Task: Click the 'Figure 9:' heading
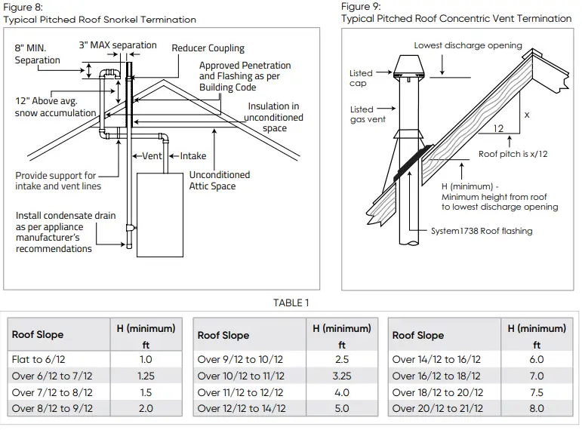coord(361,7)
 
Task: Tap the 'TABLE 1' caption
coord(291,303)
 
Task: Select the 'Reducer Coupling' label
coord(206,48)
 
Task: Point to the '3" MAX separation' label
coord(118,45)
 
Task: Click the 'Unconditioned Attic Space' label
coord(219,180)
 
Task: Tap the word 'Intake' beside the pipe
coord(192,156)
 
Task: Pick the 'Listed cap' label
coord(361,78)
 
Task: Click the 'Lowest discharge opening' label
coord(467,46)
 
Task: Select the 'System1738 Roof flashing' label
coord(482,231)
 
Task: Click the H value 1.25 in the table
coord(146,376)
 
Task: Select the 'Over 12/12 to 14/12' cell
coord(242,408)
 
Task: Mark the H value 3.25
coord(341,376)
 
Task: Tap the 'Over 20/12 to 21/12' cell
coord(436,408)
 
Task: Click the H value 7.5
coord(536,392)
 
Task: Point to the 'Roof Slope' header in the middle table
coord(223,336)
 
